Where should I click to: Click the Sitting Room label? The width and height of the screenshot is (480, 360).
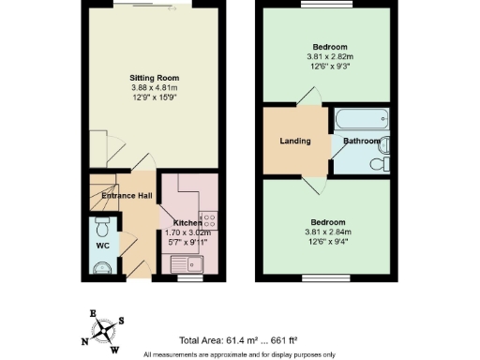(155, 78)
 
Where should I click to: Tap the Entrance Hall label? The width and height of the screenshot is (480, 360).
(127, 195)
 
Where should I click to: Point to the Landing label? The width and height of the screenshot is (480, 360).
(295, 141)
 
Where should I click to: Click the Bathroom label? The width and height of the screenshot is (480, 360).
(361, 141)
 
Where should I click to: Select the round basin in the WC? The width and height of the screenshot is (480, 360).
(103, 267)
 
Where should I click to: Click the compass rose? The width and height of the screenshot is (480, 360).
(102, 331)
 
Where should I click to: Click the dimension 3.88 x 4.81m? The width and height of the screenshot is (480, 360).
(155, 89)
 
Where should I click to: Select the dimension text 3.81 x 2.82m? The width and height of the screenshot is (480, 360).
(331, 57)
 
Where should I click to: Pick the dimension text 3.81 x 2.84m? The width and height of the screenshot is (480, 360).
(331, 232)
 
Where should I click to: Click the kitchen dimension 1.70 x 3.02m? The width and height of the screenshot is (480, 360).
(187, 233)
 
